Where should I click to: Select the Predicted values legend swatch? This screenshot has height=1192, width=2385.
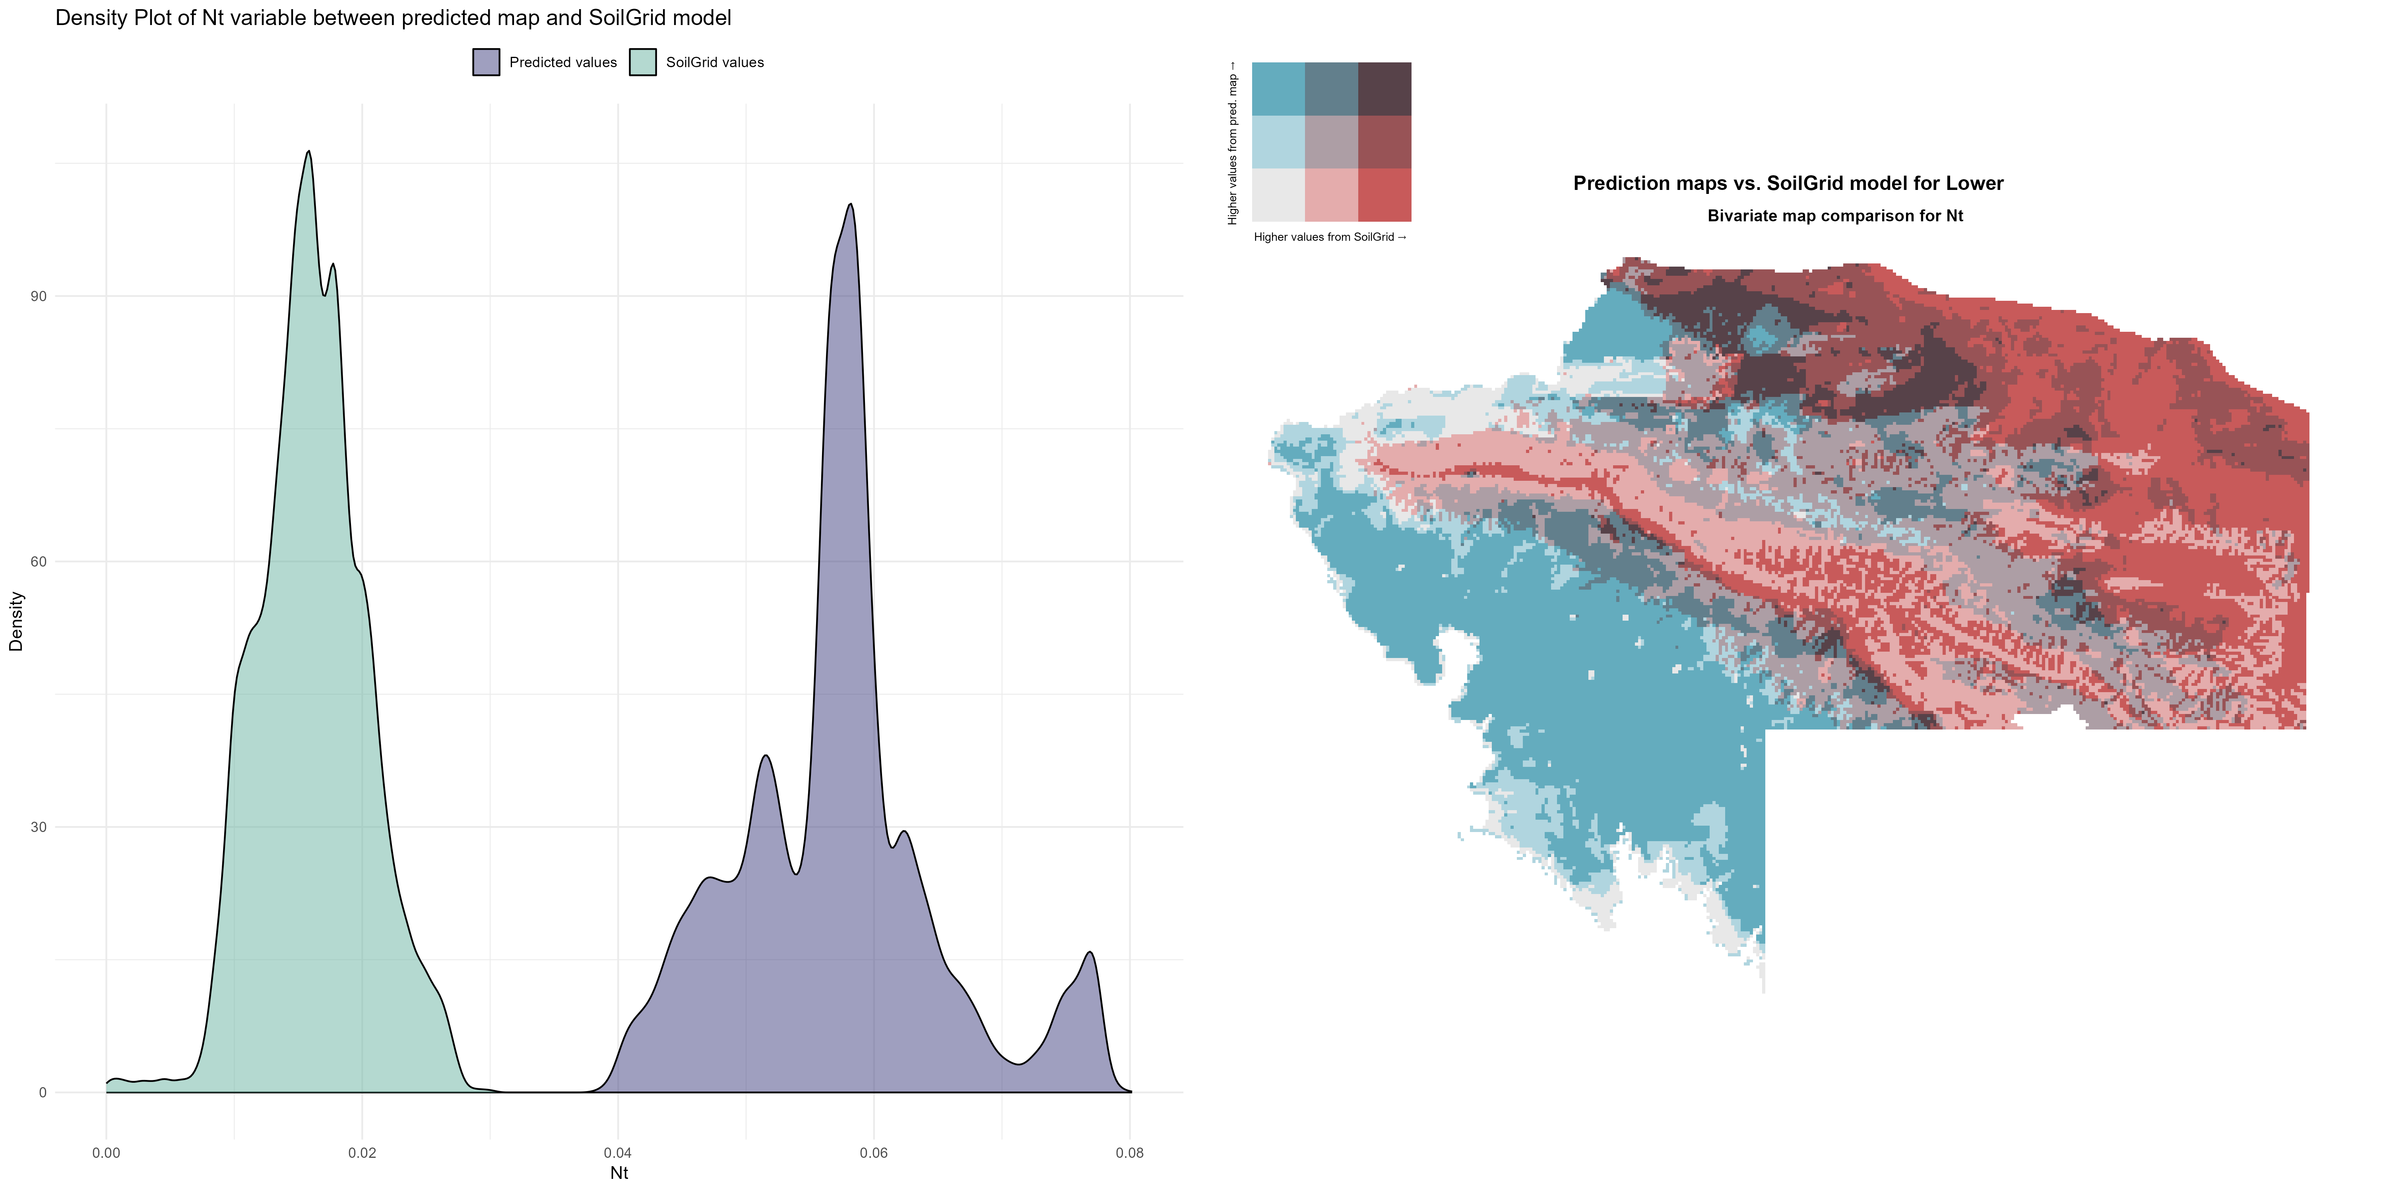[486, 62]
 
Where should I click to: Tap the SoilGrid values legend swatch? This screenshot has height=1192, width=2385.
[642, 62]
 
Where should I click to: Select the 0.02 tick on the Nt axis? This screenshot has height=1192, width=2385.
[362, 1153]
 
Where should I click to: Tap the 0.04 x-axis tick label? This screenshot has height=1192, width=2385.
[618, 1153]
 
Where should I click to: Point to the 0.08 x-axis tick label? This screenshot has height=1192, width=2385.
[1130, 1153]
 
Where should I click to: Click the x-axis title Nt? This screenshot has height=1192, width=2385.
[619, 1173]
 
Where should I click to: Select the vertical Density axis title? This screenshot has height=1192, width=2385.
[16, 621]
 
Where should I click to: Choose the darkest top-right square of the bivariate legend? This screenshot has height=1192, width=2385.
[1384, 89]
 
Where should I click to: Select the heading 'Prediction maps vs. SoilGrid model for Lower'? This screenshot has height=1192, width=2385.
[1788, 183]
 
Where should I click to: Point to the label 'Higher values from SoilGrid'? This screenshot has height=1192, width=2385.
[1330, 237]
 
